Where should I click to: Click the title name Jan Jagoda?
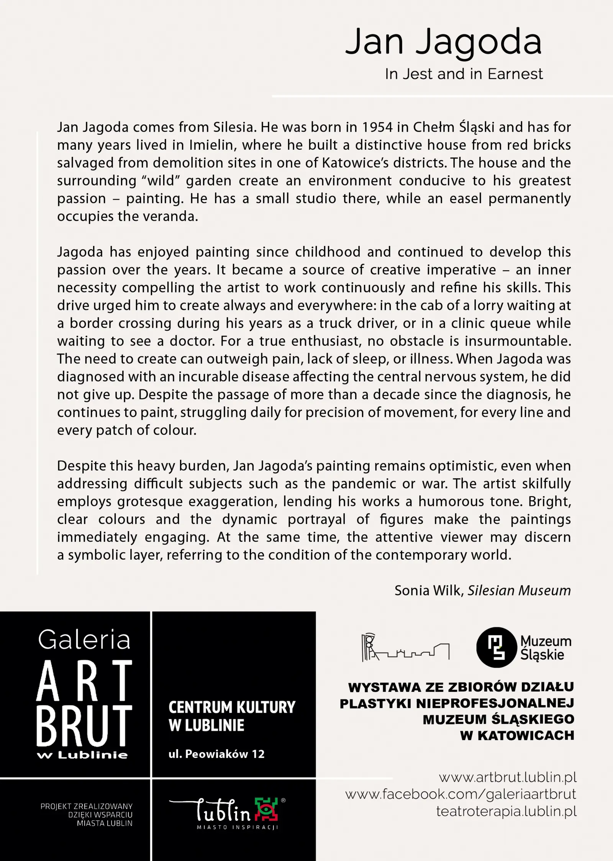[443, 41]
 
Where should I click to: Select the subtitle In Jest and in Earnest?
[464, 74]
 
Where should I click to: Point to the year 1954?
[377, 127]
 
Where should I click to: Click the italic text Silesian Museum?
[519, 591]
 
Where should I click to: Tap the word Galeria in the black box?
[84, 640]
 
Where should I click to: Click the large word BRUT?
[84, 727]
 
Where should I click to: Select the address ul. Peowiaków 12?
[216, 754]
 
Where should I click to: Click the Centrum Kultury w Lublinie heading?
[232, 716]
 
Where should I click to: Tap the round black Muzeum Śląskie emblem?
[496, 647]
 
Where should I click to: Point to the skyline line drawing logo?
[405, 648]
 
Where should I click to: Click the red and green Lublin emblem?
[265, 809]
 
